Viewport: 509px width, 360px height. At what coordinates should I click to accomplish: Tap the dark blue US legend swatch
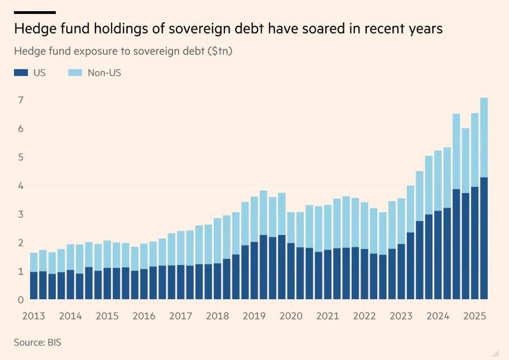(21, 73)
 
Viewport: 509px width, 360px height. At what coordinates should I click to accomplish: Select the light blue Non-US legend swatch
(74, 73)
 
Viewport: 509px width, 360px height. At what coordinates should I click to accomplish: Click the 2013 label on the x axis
(33, 316)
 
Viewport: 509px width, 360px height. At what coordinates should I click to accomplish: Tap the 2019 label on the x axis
(254, 316)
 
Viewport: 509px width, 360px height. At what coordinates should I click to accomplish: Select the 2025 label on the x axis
(475, 316)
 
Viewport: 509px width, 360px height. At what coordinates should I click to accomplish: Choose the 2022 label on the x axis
(364, 316)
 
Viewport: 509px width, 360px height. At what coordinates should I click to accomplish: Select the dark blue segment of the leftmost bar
(33, 285)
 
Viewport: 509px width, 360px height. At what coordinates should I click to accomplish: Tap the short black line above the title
(35, 12)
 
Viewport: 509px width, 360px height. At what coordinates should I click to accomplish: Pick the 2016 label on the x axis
(143, 316)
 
